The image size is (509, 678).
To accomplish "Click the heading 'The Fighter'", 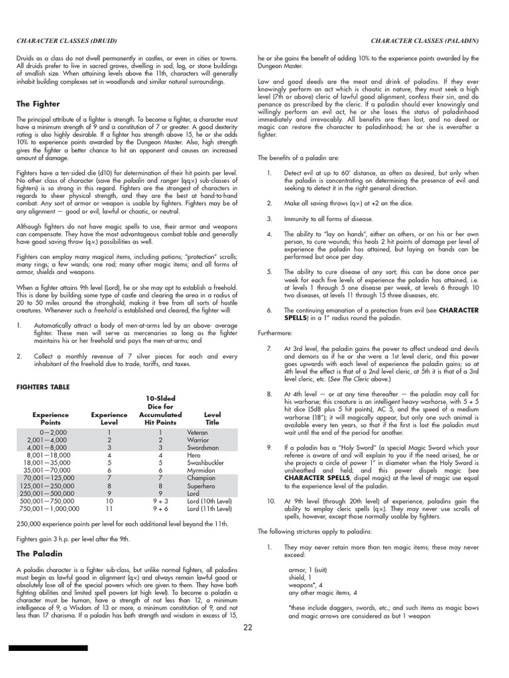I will (38, 104).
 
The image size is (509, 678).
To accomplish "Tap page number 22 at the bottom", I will (248, 628).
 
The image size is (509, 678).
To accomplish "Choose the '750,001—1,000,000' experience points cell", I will (50, 508).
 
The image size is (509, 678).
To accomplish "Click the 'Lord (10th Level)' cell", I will (209, 501).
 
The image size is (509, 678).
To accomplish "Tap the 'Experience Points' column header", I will (50, 418).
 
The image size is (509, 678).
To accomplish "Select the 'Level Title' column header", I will (212, 418).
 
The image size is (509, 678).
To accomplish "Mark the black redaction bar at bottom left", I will (48, 648).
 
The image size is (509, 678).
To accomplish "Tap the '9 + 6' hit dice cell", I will (160, 508).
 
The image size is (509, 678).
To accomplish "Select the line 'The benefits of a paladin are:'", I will (299, 158).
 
